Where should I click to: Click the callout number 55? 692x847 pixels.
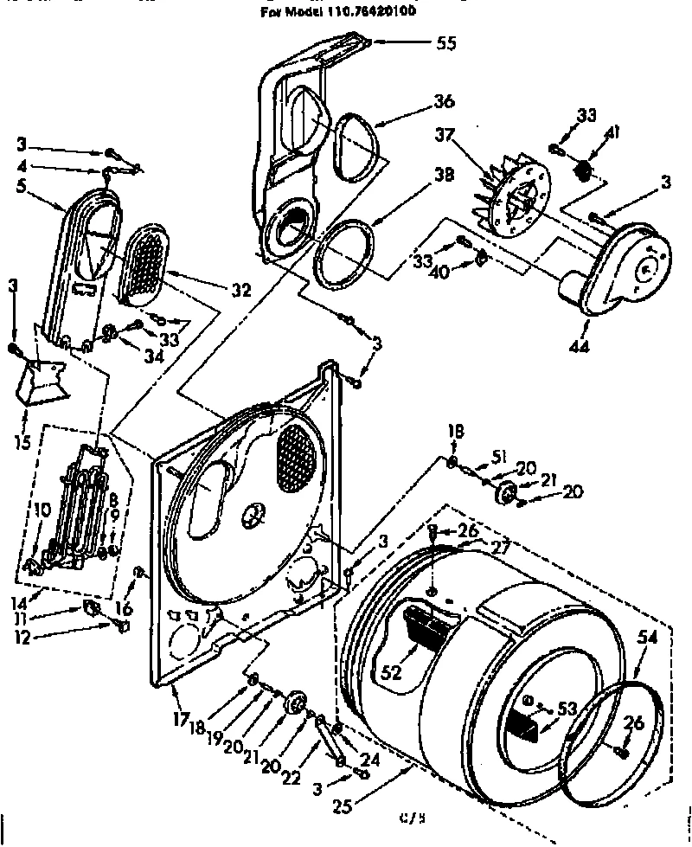[x=446, y=42]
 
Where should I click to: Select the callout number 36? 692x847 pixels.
[x=444, y=102]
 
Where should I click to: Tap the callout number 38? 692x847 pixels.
[x=443, y=174]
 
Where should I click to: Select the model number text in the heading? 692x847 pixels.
[x=346, y=13]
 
